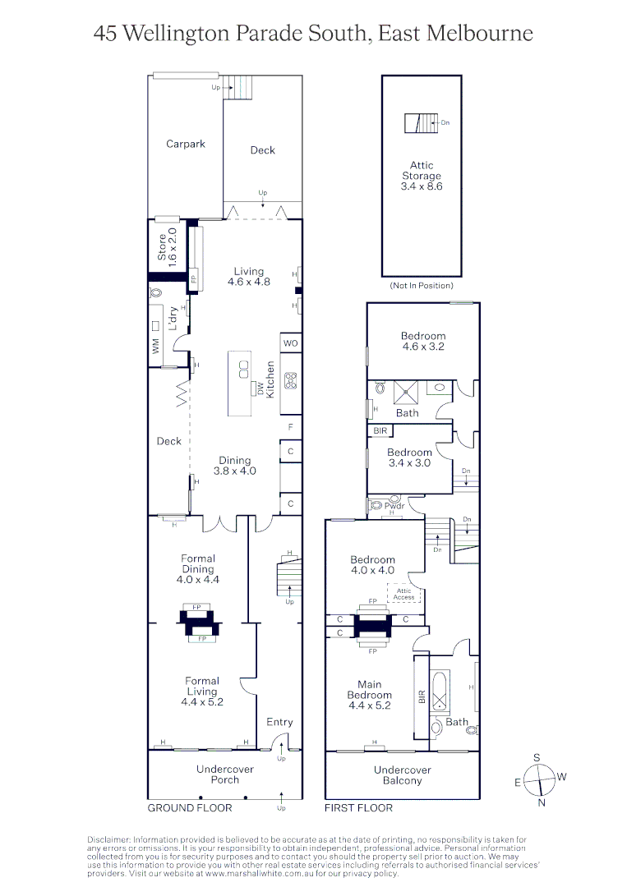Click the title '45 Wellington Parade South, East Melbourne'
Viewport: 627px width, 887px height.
coord(313,34)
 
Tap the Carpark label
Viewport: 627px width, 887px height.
coord(186,144)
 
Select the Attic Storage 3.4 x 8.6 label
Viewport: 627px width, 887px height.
coord(422,176)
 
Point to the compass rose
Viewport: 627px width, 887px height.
coord(540,778)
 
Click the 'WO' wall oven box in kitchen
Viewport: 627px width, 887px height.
coord(290,342)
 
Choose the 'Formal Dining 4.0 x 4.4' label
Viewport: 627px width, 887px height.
coord(197,568)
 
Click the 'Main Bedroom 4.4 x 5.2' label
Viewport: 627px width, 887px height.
coord(369,695)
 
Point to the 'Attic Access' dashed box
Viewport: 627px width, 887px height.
coord(403,595)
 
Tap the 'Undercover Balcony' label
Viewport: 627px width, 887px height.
coord(402,774)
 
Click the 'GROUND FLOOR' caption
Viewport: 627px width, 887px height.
coord(190,808)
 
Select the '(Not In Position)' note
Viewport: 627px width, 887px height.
coord(422,286)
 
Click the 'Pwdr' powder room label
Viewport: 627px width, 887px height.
coord(395,507)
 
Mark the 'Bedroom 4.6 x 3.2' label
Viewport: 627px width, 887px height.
coord(423,341)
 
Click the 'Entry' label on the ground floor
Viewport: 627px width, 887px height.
coord(279,722)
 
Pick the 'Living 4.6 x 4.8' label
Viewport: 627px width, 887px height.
coord(248,276)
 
